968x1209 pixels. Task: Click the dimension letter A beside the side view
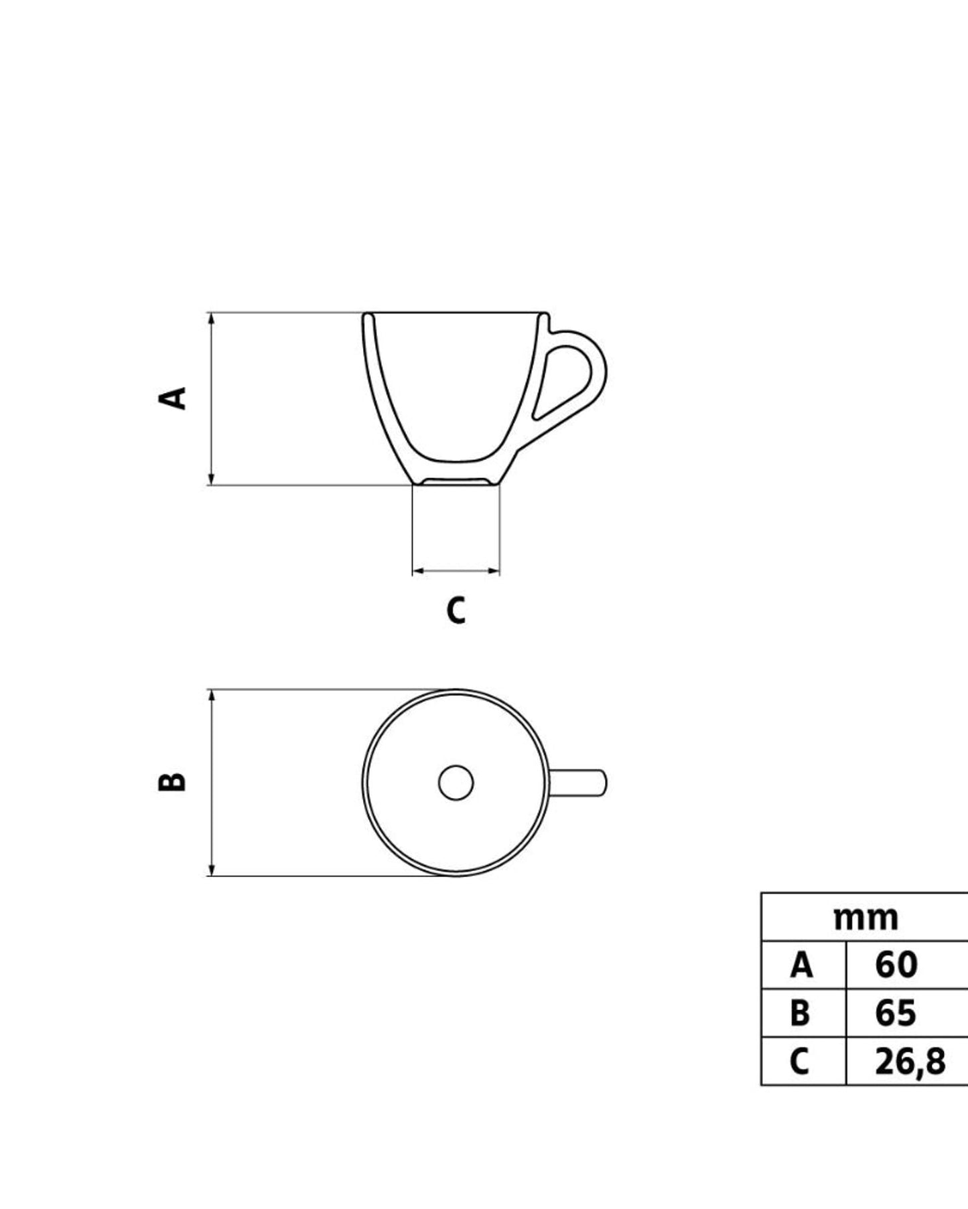[x=173, y=398]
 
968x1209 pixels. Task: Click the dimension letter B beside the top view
[x=172, y=782]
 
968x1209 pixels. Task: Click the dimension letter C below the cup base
[x=456, y=611]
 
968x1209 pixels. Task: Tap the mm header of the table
[x=865, y=918]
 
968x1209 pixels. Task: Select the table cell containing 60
[x=896, y=965]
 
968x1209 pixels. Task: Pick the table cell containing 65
[x=896, y=1013]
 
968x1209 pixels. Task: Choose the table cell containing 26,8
[x=910, y=1061]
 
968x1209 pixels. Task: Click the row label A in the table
[x=801, y=965]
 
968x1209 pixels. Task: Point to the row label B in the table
[x=800, y=1013]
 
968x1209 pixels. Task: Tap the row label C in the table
[x=800, y=1061]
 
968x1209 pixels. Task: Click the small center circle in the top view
[x=456, y=783]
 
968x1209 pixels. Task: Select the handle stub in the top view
[x=579, y=783]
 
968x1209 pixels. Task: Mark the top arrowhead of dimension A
[x=212, y=318]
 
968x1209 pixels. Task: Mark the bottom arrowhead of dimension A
[x=212, y=479]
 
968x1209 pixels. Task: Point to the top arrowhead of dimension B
[x=212, y=696]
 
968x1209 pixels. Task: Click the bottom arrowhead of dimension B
[x=212, y=870]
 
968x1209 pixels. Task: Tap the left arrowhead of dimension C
[x=418, y=571]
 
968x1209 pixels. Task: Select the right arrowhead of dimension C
[x=494, y=571]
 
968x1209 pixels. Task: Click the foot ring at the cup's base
[x=456, y=481]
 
